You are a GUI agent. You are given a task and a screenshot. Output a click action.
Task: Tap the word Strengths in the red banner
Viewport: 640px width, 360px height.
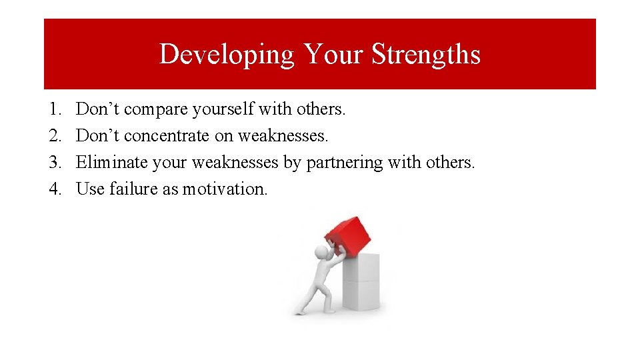(425, 54)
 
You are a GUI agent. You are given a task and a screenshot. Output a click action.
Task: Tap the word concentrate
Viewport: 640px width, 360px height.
(167, 136)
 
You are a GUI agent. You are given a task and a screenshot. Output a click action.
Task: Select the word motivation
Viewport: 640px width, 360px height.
(225, 189)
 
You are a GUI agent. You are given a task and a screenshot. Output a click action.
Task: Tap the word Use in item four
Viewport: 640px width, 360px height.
(90, 189)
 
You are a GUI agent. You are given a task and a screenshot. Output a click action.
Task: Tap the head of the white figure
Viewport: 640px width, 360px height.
(323, 253)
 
